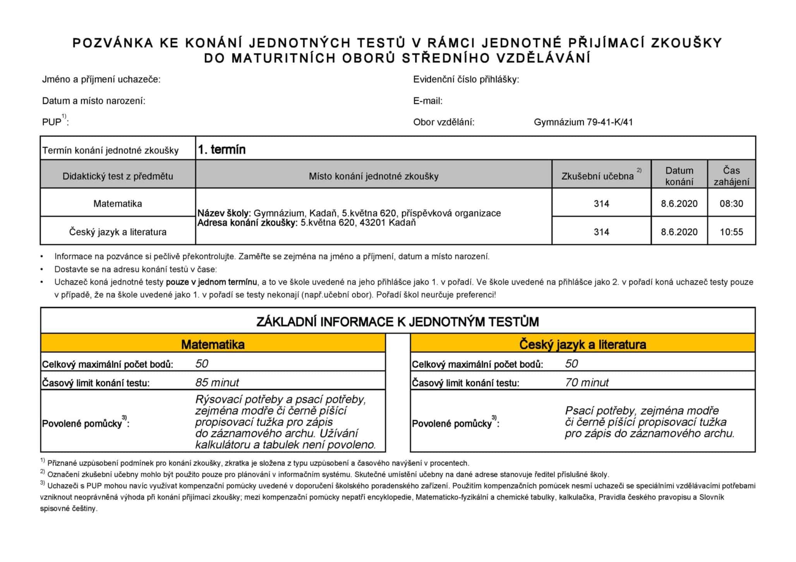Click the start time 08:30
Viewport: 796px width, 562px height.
coord(731,203)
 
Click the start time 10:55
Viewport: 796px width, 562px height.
coord(731,232)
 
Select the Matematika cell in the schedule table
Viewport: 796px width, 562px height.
coord(118,203)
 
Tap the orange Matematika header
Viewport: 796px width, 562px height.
coord(213,344)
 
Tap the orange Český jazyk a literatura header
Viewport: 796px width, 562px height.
coord(582,344)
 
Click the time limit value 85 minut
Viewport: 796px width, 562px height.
coord(217,383)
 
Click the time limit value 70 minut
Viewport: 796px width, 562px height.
coord(587,383)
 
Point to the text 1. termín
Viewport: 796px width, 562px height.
coord(221,150)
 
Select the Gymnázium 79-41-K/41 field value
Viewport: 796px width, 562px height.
coord(583,122)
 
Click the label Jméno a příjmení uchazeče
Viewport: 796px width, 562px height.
coord(101,80)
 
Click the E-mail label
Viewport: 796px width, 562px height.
coord(427,101)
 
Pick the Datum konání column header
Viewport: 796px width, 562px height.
coord(679,176)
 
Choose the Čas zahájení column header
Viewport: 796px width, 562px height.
coord(731,176)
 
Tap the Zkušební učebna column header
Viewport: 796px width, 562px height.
coord(598,176)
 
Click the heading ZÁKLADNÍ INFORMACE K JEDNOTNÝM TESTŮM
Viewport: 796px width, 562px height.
coord(398,322)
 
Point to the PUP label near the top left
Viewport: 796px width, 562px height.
coord(52,122)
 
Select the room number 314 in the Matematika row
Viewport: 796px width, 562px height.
coord(601,203)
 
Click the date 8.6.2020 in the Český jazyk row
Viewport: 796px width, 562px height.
coord(679,232)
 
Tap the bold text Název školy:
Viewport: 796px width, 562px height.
coord(224,213)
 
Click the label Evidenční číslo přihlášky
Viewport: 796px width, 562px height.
coord(466,80)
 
